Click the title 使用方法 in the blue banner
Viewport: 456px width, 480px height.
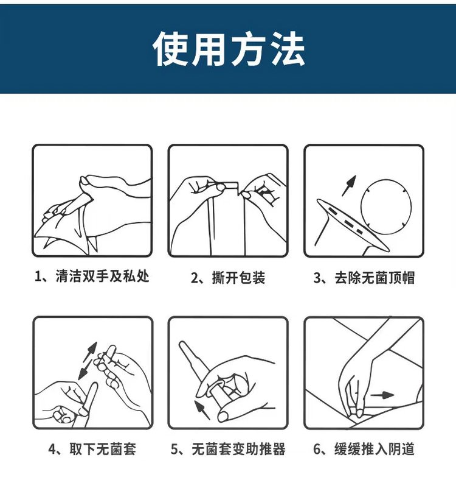pos(229,49)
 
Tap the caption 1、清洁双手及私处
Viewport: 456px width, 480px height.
pos(92,277)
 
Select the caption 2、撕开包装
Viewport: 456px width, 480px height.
pos(227,278)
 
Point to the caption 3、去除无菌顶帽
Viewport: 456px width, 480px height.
pos(364,278)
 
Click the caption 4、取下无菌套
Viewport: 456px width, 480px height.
pos(92,449)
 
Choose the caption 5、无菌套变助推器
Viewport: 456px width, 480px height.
pos(227,449)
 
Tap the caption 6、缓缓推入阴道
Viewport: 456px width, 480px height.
pos(364,449)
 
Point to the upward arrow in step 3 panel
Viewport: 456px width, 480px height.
pos(349,186)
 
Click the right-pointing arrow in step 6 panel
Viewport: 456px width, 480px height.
pos(382,395)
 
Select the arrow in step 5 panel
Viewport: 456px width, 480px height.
pos(202,410)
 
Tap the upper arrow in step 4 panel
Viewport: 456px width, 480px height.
pos(91,351)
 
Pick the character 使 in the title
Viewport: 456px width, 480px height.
pos(170,49)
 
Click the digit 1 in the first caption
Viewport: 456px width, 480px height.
pos(38,277)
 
